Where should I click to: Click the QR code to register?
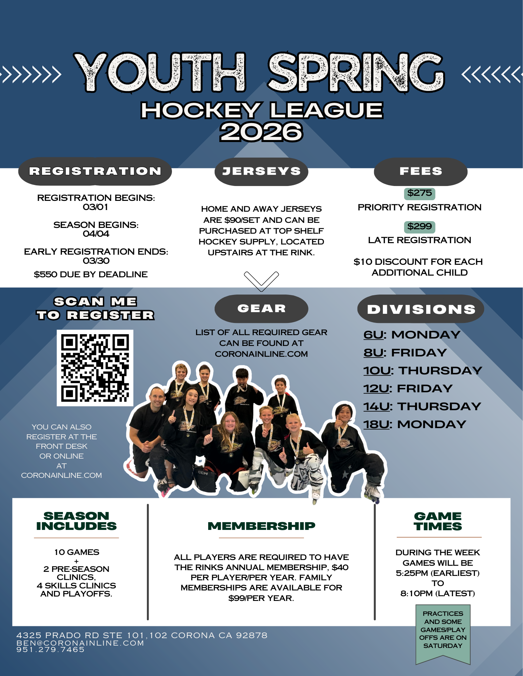(95, 368)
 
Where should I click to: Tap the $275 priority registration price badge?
(419, 193)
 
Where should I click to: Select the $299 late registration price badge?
(419, 227)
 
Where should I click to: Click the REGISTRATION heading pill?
(95, 171)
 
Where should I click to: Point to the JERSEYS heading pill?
(261, 171)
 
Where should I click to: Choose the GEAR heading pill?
(261, 308)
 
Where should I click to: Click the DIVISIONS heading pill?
(421, 309)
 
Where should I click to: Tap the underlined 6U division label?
(374, 335)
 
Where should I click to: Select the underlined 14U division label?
(376, 406)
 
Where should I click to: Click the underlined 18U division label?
(376, 424)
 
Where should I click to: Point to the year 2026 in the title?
(261, 132)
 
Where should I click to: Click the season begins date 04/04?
(96, 234)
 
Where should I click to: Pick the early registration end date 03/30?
(96, 261)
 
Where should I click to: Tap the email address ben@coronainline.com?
(80, 643)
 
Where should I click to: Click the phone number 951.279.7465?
(50, 650)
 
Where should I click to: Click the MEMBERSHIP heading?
(261, 526)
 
